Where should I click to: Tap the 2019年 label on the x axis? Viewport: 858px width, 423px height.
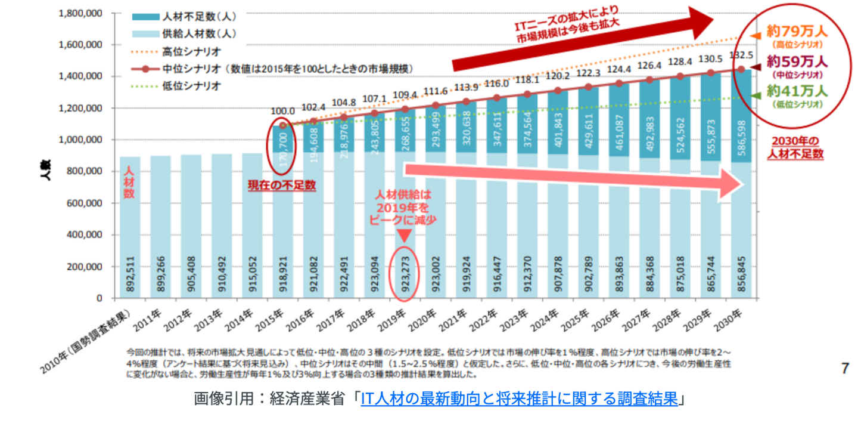click(x=397, y=320)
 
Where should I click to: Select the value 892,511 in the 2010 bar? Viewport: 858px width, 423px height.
click(x=130, y=274)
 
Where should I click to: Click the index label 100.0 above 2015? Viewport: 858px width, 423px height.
click(x=282, y=111)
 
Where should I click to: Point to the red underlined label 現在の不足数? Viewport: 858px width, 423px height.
click(x=282, y=185)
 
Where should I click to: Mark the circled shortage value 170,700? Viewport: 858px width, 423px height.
click(x=283, y=149)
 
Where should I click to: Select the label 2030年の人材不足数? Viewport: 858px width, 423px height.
click(x=795, y=147)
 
